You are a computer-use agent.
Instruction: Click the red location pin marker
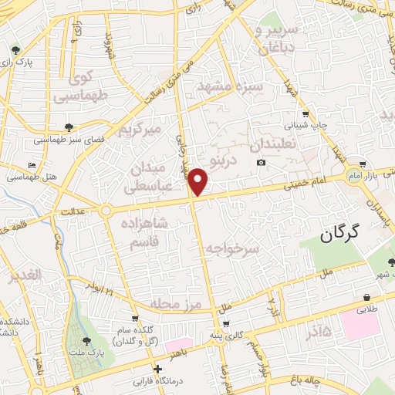(199, 183)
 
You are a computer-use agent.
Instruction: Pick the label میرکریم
(140, 130)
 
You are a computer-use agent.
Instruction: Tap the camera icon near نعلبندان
(262, 162)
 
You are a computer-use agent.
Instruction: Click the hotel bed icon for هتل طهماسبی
(32, 166)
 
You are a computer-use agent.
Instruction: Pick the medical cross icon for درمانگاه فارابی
(159, 369)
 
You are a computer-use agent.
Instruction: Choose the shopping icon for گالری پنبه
(225, 324)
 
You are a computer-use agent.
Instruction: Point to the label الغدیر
(24, 276)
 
